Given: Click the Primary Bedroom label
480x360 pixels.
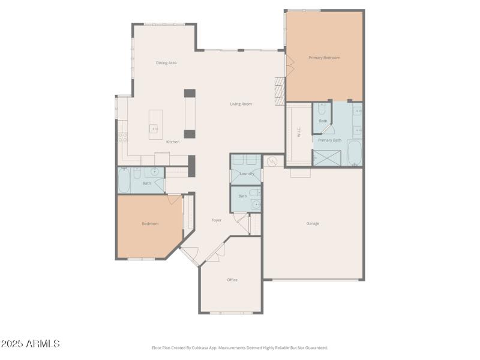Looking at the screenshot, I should coord(324,58).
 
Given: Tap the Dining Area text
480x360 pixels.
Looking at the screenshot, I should coord(166,62).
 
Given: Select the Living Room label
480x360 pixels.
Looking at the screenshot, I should coord(241,104).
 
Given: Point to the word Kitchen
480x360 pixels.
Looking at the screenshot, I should coord(173,142).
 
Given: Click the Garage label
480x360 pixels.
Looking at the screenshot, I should coord(313,223).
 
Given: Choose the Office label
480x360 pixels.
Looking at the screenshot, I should coord(232,280).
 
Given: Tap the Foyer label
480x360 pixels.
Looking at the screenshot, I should coord(217,220).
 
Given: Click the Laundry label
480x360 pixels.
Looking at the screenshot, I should coord(247,173).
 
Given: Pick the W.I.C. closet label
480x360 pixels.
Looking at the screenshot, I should coord(299,133).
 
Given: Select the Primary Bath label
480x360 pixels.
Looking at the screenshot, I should coord(329,140).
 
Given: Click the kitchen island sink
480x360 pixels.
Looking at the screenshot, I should coord(154,128).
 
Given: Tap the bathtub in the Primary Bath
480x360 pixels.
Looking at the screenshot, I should coord(355,152).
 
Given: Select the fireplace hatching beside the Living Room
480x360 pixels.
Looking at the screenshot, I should coord(279,91).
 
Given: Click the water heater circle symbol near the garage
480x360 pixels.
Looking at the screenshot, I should coord(273,161).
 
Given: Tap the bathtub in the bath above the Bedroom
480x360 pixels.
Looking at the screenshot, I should coord(124,181).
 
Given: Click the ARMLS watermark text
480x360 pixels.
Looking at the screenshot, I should coord(30,344).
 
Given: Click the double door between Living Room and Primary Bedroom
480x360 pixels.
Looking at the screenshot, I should coord(289,64).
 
